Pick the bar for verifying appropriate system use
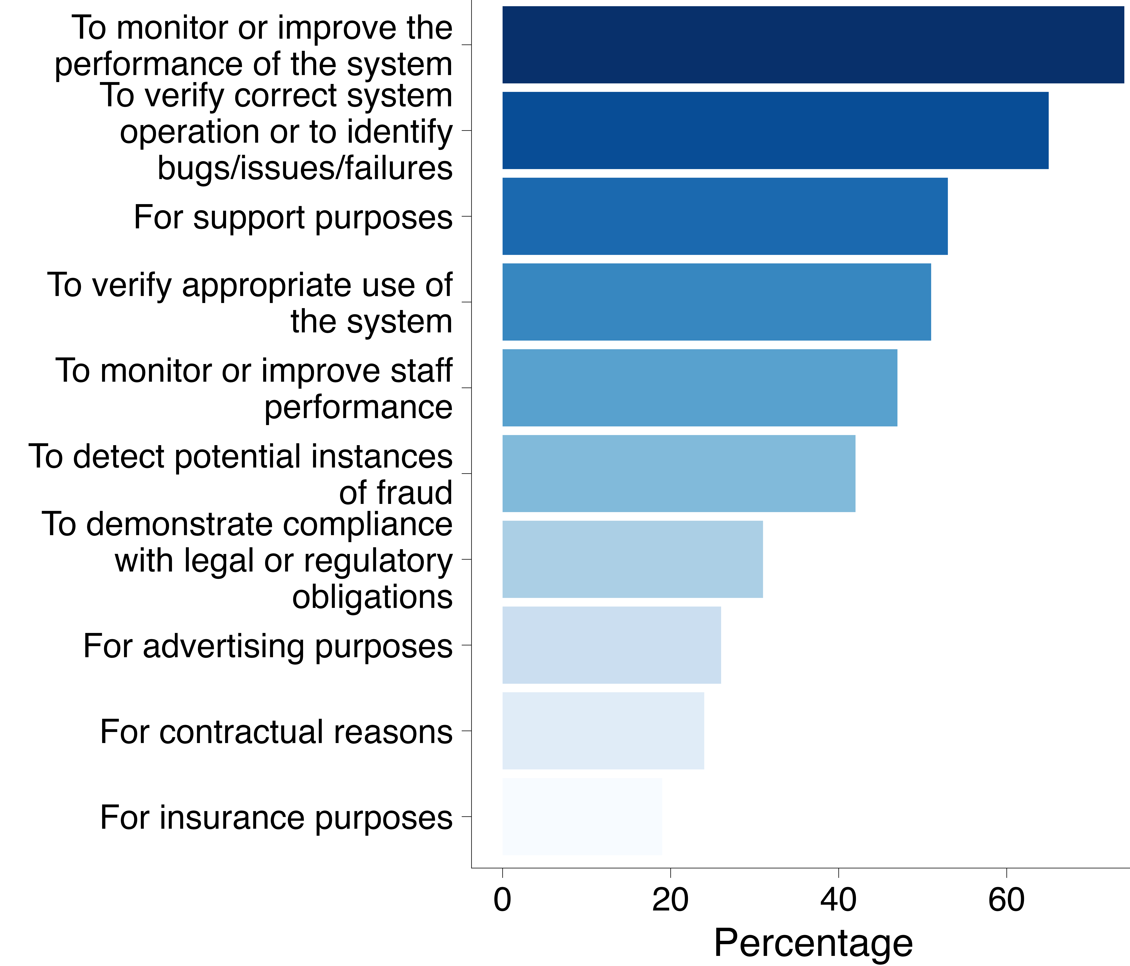pyautogui.click(x=716, y=302)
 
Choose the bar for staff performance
pyautogui.click(x=699, y=388)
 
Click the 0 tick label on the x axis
pyautogui.click(x=502, y=900)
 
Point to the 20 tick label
pyautogui.click(x=670, y=900)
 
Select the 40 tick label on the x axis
pyautogui.click(x=838, y=900)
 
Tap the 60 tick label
pyautogui.click(x=1006, y=900)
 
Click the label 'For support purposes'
pyautogui.click(x=293, y=217)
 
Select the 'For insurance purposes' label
pyautogui.click(x=276, y=818)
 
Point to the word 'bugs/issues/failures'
pyautogui.click(x=305, y=168)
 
